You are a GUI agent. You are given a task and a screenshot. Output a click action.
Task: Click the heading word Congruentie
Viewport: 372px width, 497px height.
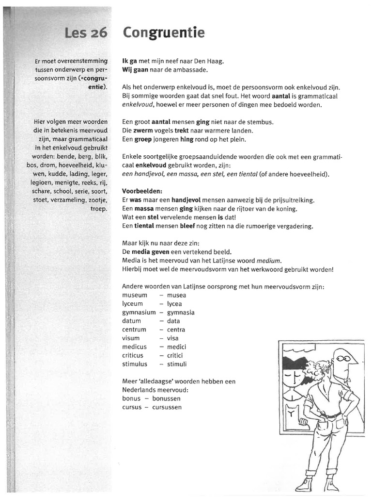163,33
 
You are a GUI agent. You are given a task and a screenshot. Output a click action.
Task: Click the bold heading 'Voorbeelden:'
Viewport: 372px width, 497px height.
142,191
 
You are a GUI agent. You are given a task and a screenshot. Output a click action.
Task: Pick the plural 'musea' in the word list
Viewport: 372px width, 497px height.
176,295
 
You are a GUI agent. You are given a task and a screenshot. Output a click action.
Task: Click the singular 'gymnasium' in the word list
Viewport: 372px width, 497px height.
139,313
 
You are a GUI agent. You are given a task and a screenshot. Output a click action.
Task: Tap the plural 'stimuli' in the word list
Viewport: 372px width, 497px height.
176,364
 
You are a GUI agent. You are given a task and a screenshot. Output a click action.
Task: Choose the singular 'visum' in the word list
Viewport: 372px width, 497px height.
131,338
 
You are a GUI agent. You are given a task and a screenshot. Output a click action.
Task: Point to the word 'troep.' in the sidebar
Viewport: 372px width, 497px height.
97,208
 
